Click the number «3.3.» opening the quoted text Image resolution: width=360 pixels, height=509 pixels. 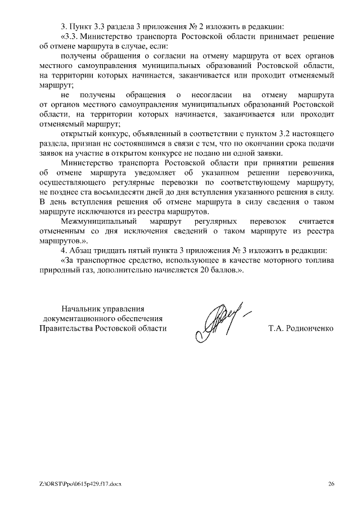coord(71,37)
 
